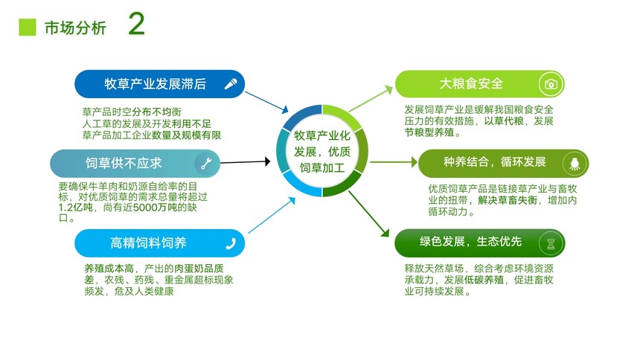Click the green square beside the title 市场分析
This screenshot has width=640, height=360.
tap(28, 28)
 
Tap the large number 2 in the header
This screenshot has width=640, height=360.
tap(136, 24)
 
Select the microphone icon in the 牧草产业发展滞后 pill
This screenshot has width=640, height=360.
tap(231, 84)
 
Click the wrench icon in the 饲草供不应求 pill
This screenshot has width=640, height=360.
tap(206, 164)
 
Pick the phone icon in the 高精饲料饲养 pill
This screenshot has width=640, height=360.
tap(231, 244)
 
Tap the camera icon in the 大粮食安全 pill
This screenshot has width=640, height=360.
tap(551, 84)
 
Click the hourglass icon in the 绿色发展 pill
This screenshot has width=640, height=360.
tap(551, 244)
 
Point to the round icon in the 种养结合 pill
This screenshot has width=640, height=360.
tap(575, 164)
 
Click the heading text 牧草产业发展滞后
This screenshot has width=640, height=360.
tap(155, 84)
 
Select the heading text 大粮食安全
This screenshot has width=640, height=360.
tap(471, 83)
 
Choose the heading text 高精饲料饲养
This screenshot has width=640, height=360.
tap(149, 243)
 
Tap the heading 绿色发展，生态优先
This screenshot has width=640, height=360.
tap(470, 242)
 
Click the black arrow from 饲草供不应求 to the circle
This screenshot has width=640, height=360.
tap(246, 162)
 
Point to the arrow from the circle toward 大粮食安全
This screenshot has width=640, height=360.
tap(371, 98)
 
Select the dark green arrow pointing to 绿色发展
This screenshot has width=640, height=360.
tap(369, 214)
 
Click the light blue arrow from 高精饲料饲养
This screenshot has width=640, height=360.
tap(272, 215)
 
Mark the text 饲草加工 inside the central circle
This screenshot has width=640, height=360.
tap(322, 168)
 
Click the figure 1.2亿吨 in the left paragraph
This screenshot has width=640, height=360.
tap(75, 208)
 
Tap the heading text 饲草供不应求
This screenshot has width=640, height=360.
tap(124, 164)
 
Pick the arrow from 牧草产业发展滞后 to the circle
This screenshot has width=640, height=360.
tap(266, 103)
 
